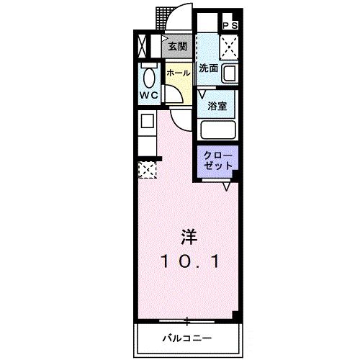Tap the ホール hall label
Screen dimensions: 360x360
coord(178,73)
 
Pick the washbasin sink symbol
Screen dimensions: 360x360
coord(230,73)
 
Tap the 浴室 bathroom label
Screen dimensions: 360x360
coord(217,105)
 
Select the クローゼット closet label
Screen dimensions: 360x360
coord(217,159)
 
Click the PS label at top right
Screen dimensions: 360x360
coord(230,24)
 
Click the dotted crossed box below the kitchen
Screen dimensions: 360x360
coord(146,170)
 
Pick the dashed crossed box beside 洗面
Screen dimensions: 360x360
coord(230,47)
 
